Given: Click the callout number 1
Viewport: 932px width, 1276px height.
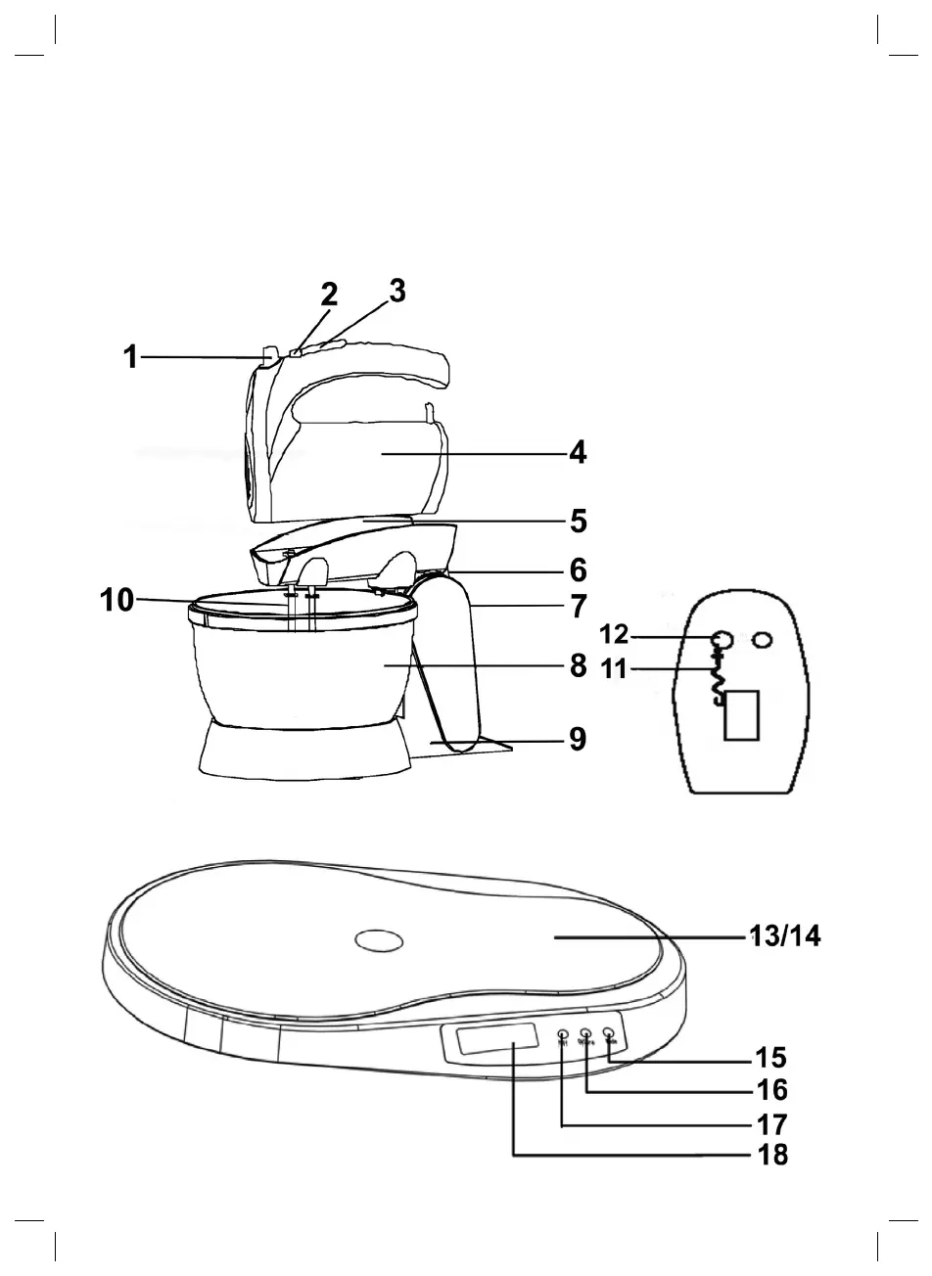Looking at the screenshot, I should [x=129, y=358].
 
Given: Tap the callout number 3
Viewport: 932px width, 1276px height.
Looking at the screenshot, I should [x=396, y=291].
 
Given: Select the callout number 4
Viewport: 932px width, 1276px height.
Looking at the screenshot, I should [x=579, y=454].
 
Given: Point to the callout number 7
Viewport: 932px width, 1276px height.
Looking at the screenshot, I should [x=579, y=605].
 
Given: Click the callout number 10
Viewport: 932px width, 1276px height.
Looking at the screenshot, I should [x=116, y=600].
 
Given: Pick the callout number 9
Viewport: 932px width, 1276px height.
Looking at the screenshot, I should [x=579, y=740].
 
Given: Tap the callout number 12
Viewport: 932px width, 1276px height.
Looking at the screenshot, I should [x=614, y=635].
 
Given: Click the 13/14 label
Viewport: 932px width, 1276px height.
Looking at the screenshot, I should [x=785, y=937].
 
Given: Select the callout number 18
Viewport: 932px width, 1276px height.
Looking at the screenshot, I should [x=772, y=1155].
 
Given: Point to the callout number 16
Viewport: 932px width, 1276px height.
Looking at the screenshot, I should [x=772, y=1090].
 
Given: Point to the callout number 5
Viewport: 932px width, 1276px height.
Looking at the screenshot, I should [x=579, y=522].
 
